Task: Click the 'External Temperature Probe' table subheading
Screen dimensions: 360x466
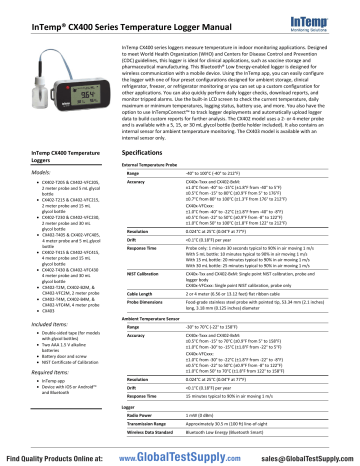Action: [161, 162]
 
